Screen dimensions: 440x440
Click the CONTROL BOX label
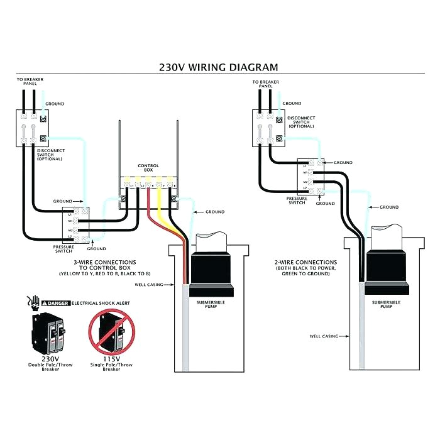click(148, 168)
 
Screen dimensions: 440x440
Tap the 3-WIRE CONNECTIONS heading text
click(104, 262)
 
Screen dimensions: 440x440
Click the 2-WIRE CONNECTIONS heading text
click(307, 262)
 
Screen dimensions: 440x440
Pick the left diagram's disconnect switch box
click(32, 128)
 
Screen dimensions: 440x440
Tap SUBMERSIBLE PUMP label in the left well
click(211, 305)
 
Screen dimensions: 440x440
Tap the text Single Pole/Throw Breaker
click(111, 367)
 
